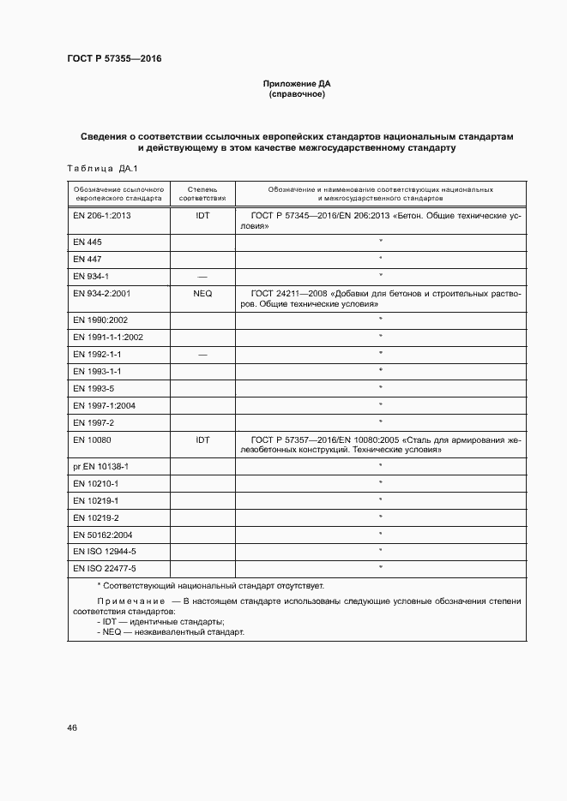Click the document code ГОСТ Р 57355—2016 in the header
click(x=114, y=58)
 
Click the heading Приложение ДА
click(x=297, y=84)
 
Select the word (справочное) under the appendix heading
click(x=297, y=94)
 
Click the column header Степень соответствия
click(x=202, y=192)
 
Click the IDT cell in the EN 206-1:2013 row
click(x=202, y=216)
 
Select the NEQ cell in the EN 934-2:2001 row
click(x=202, y=293)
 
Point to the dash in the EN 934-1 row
click(x=202, y=276)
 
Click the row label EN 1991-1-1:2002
click(x=108, y=337)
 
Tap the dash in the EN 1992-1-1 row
click(x=202, y=354)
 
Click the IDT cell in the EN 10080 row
click(x=202, y=439)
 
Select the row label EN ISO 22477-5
click(x=105, y=568)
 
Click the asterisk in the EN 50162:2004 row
click(x=380, y=534)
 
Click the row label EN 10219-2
click(x=96, y=517)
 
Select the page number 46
click(x=72, y=727)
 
